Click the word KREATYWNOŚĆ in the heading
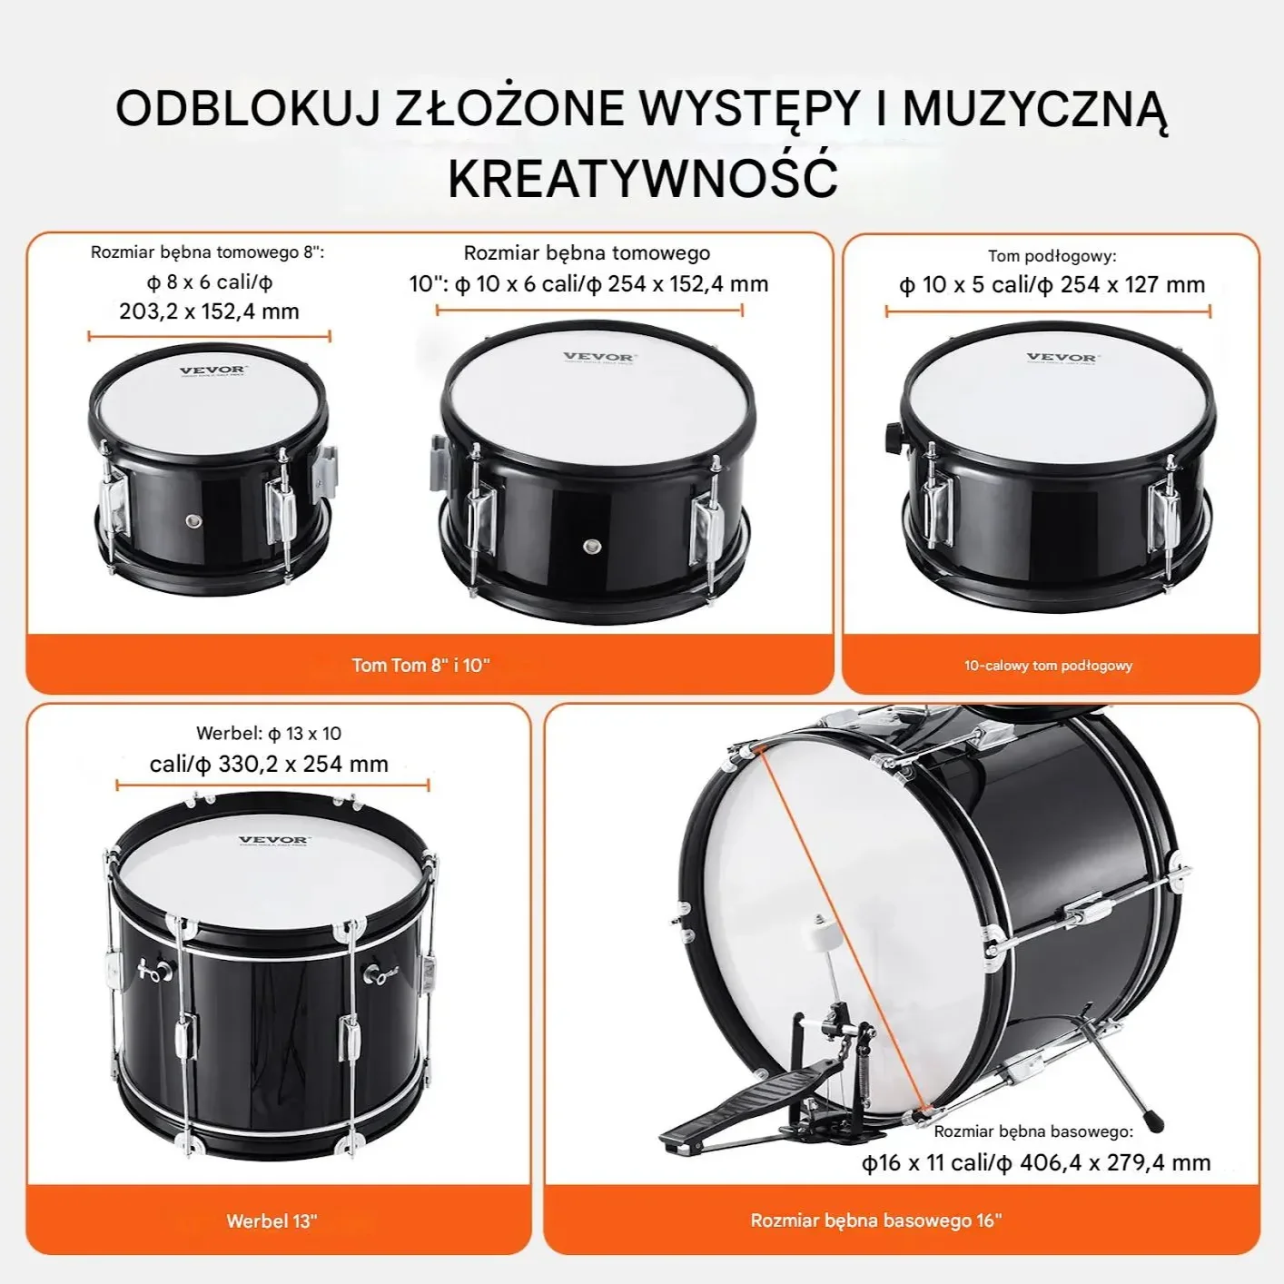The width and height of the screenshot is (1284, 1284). pyautogui.click(x=643, y=177)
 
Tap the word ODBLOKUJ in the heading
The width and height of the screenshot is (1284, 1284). pyautogui.click(x=248, y=108)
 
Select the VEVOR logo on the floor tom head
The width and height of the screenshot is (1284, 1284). pyautogui.click(x=1062, y=358)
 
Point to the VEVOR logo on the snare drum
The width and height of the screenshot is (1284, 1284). pyautogui.click(x=274, y=840)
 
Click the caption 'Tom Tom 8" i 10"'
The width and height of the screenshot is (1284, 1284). pyautogui.click(x=421, y=665)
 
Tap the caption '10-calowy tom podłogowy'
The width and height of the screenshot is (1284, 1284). pyautogui.click(x=1048, y=665)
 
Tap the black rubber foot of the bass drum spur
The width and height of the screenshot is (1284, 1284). pyautogui.click(x=1155, y=1121)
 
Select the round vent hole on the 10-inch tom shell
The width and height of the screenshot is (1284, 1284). pyautogui.click(x=592, y=547)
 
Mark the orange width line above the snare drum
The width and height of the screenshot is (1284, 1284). pyautogui.click(x=272, y=786)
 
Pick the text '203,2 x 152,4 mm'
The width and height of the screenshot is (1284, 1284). pyautogui.click(x=209, y=311)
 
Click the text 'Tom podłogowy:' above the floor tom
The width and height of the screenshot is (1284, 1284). pyautogui.click(x=1052, y=256)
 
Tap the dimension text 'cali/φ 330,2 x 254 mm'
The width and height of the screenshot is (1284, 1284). pyautogui.click(x=269, y=764)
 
